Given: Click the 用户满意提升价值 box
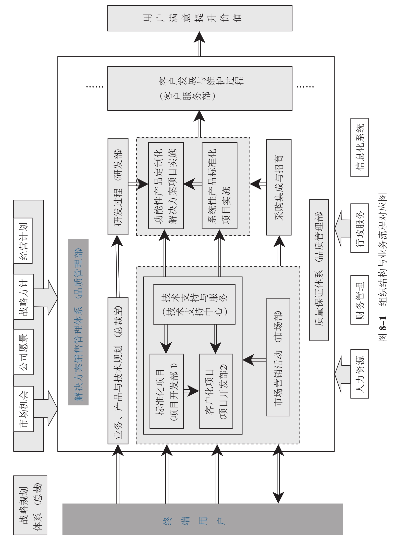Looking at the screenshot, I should [200, 18].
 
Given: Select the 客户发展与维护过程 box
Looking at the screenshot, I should [200, 88].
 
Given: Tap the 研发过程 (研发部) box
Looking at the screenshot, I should [118, 186].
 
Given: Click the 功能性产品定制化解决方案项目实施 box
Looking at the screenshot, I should [166, 186].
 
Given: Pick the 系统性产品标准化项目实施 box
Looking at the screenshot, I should [219, 186].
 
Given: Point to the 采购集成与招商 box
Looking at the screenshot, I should [279, 187].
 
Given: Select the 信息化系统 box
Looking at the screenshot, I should [359, 147].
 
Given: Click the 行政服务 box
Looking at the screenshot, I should [359, 228].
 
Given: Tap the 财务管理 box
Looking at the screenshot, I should [359, 300].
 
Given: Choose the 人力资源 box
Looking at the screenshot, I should [359, 374].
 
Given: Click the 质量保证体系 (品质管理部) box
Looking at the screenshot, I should [319, 270].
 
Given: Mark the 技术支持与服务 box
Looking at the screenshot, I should [194, 304].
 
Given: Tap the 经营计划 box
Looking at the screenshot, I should [23, 241].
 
